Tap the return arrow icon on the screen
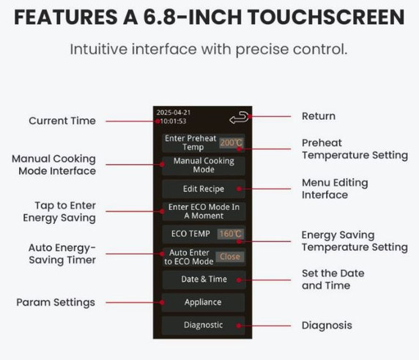tap(240, 117)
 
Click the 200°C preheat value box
tap(231, 143)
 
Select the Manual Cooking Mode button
tap(204, 165)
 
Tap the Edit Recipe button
tap(204, 188)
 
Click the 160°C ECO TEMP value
tap(231, 234)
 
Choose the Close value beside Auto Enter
tap(229, 257)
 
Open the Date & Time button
tap(204, 279)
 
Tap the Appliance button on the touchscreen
tap(204, 302)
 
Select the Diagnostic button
tap(204, 325)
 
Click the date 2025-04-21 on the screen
tap(173, 113)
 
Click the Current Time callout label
tap(62, 121)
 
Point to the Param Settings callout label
tap(56, 302)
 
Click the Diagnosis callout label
tap(327, 325)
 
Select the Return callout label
tap(319, 116)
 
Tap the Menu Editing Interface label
tap(335, 188)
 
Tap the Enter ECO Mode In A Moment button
tap(204, 211)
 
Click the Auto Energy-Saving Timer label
tap(62, 253)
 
